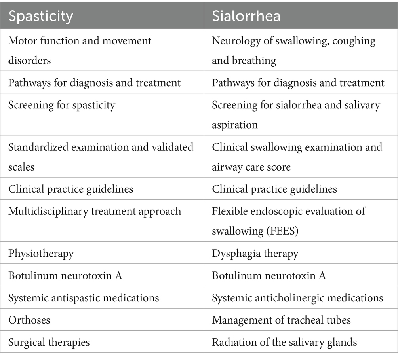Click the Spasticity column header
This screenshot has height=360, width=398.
(x=41, y=16)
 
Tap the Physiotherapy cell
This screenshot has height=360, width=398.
(x=41, y=253)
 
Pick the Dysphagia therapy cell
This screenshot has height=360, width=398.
(x=255, y=253)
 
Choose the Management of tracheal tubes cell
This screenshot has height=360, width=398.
(x=281, y=319)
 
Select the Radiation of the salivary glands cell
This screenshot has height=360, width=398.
(x=284, y=341)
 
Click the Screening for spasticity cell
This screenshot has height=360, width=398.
(x=62, y=105)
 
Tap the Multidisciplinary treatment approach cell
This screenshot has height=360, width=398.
(x=95, y=211)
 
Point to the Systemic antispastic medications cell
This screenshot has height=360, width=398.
(x=84, y=297)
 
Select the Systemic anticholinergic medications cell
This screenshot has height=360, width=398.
(x=297, y=297)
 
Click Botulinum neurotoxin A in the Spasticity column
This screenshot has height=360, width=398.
(x=65, y=275)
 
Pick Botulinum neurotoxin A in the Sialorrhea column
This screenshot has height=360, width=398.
(x=269, y=275)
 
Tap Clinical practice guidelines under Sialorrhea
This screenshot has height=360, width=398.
(x=274, y=189)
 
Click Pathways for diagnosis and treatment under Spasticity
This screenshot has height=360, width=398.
(x=95, y=83)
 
